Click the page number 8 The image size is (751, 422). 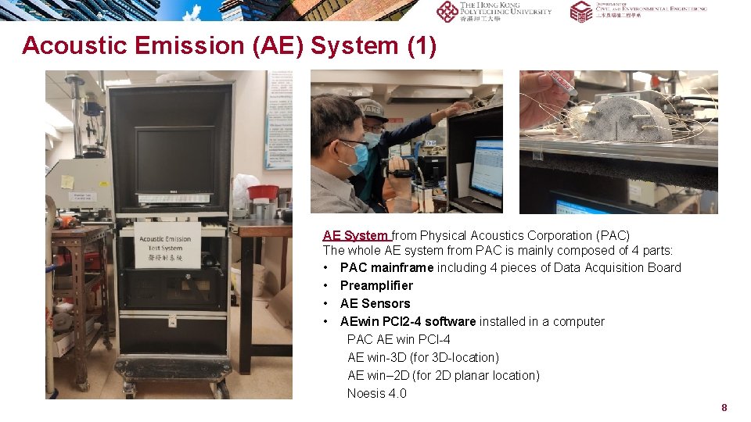point(724,407)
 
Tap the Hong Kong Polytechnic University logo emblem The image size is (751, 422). point(447,11)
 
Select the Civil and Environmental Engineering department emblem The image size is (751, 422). point(580,11)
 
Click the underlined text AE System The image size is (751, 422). point(355,235)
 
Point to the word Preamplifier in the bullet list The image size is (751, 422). point(376,285)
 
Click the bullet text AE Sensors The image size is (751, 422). point(375,303)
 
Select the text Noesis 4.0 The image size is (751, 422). point(377,393)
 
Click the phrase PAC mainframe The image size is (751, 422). point(386,267)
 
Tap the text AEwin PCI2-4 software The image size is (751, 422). point(408,321)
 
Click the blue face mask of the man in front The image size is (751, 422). point(358,157)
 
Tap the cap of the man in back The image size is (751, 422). point(372,109)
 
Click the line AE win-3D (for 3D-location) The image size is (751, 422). point(423,357)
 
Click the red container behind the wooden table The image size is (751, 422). point(263,191)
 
